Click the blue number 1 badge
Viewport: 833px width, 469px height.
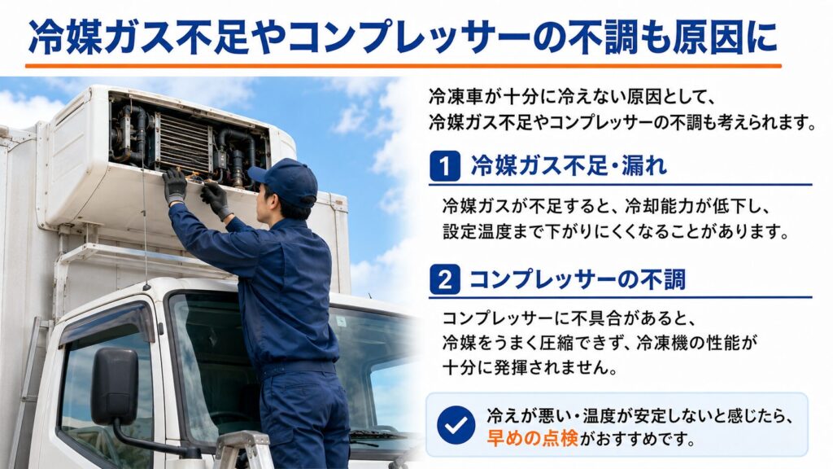click(445, 166)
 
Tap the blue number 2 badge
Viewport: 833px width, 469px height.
click(445, 279)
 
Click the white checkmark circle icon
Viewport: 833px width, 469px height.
click(456, 425)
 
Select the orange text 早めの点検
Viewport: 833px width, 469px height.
click(532, 438)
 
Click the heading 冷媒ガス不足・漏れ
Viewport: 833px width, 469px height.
click(569, 166)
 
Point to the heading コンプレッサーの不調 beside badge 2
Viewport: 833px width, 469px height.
click(578, 279)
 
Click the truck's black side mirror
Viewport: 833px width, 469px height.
click(115, 386)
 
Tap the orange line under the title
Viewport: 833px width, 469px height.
click(403, 66)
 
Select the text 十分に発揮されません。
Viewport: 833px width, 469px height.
click(530, 367)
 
